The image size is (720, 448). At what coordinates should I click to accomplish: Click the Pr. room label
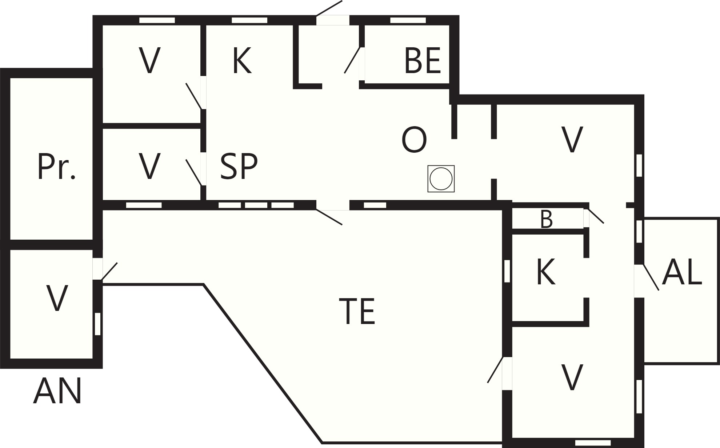[x=56, y=167]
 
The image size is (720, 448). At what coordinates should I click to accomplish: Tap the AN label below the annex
[x=57, y=391]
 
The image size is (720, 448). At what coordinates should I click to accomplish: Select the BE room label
[x=423, y=60]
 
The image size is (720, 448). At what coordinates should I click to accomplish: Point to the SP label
[x=239, y=166]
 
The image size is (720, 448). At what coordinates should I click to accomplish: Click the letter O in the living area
[x=414, y=140]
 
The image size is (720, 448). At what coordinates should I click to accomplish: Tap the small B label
[x=547, y=220]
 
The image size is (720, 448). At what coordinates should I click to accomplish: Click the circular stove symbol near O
[x=441, y=179]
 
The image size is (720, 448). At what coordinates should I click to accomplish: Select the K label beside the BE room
[x=242, y=61]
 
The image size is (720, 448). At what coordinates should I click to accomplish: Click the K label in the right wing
[x=546, y=272]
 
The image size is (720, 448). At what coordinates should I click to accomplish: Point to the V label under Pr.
[x=57, y=298]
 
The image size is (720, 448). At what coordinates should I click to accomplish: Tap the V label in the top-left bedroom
[x=149, y=61]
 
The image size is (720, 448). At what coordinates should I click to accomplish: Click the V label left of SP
[x=149, y=166]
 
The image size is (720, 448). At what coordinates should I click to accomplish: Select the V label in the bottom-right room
[x=572, y=377]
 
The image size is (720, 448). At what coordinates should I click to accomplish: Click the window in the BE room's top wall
[x=408, y=20]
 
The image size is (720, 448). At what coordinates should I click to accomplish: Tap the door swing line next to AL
[x=651, y=277]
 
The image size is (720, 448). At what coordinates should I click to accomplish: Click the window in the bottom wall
[x=593, y=443]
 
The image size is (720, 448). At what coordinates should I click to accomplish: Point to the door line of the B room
[x=596, y=216]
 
